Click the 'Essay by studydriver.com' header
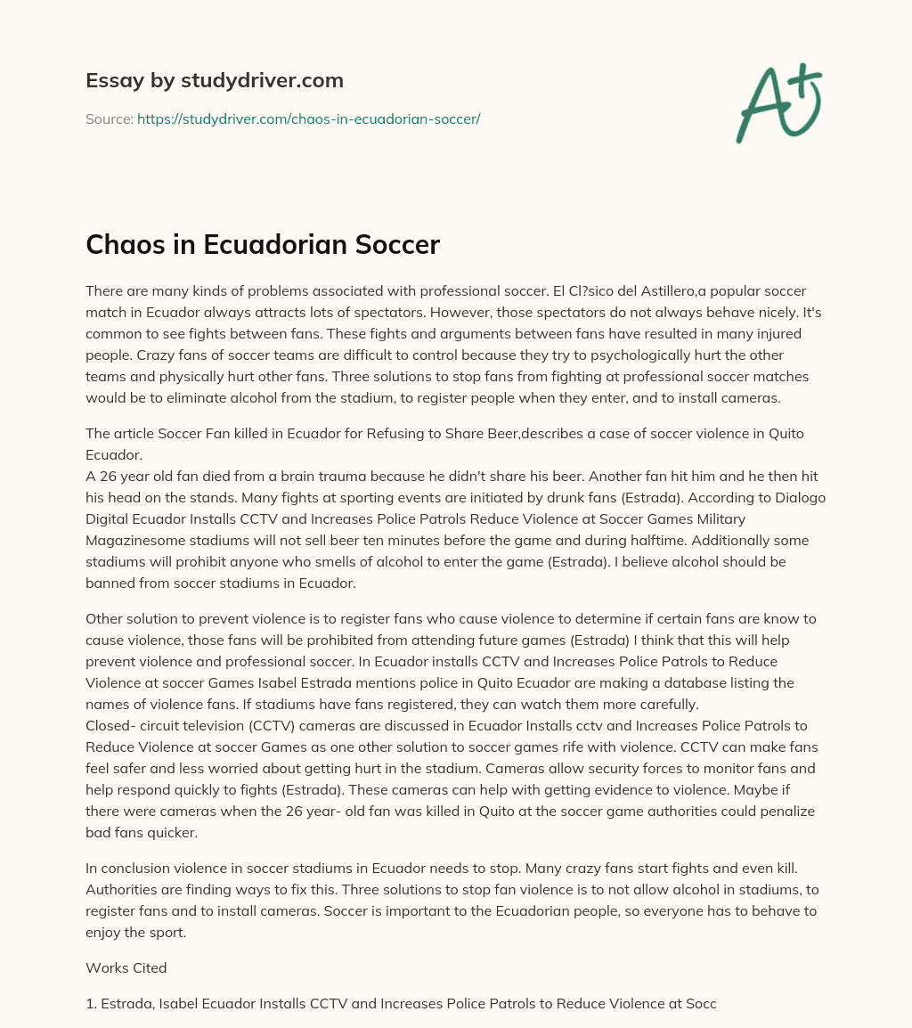[215, 80]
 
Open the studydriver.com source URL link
[308, 118]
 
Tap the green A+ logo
[778, 103]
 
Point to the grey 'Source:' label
[109, 118]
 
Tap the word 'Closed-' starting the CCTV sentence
[110, 725]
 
